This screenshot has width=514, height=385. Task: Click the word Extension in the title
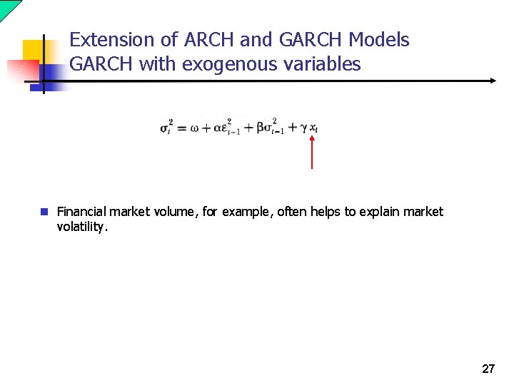(110, 40)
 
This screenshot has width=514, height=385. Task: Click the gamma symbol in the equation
(303, 129)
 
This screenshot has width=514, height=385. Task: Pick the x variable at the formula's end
(313, 129)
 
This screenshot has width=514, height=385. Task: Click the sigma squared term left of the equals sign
(166, 128)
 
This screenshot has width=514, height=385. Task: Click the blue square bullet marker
(44, 212)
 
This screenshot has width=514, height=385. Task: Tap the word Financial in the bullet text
(81, 212)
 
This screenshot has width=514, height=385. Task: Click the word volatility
(82, 227)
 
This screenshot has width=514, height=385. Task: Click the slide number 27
(488, 369)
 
